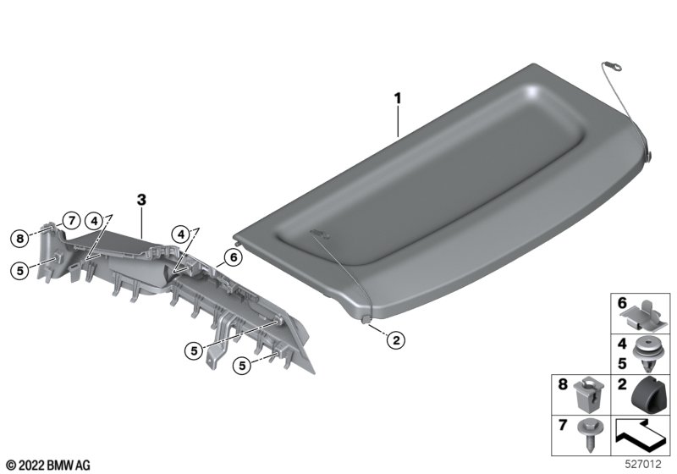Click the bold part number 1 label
[398, 98]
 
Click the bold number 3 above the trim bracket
[141, 200]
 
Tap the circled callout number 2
[396, 340]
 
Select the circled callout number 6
[234, 257]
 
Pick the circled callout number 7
[71, 221]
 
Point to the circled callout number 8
[19, 238]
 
